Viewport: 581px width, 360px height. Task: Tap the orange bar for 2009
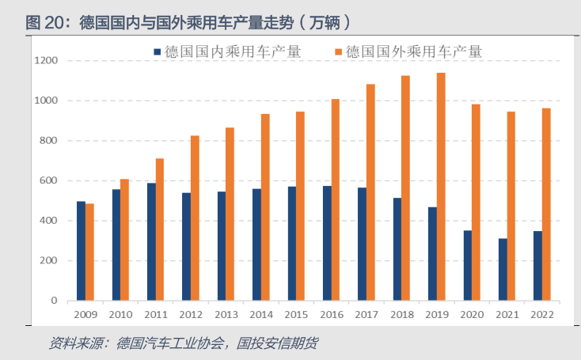coord(89,252)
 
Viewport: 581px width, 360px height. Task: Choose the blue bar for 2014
coord(257,244)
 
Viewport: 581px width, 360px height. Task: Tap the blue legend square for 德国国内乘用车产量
coord(158,52)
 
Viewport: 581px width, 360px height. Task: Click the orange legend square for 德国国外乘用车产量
coord(338,52)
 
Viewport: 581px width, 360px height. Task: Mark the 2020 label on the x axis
coord(472,315)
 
